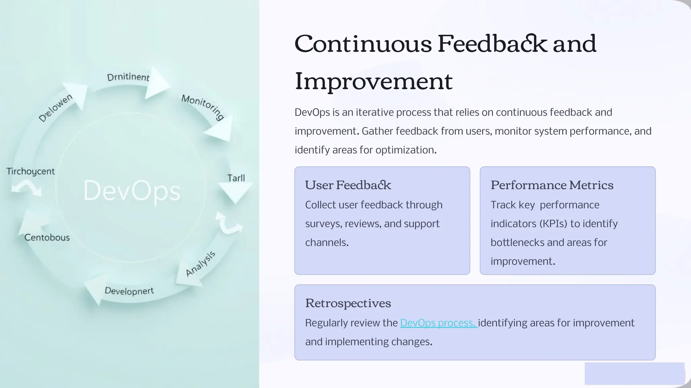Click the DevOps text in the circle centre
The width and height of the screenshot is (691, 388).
coord(132,191)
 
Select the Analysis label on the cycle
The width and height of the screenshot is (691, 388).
coord(200,264)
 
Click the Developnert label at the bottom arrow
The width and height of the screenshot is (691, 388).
coord(129,291)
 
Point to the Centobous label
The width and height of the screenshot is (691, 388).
coord(47,237)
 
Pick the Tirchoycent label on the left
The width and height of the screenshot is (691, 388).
coord(30,171)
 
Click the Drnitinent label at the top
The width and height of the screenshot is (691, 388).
coord(128,77)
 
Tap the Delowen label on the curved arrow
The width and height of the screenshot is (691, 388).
coord(55,108)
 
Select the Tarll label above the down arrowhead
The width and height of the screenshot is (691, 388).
coord(236,178)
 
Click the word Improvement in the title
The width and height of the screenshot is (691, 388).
coord(374,81)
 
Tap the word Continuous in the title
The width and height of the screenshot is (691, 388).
coord(363,44)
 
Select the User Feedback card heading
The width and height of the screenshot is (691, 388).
coord(348,185)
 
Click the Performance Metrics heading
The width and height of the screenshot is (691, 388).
coord(552,185)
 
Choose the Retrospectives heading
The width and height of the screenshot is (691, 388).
coord(348,303)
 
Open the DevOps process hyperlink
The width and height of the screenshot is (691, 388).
coord(438,323)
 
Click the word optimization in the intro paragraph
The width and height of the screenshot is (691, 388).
coord(405,150)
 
